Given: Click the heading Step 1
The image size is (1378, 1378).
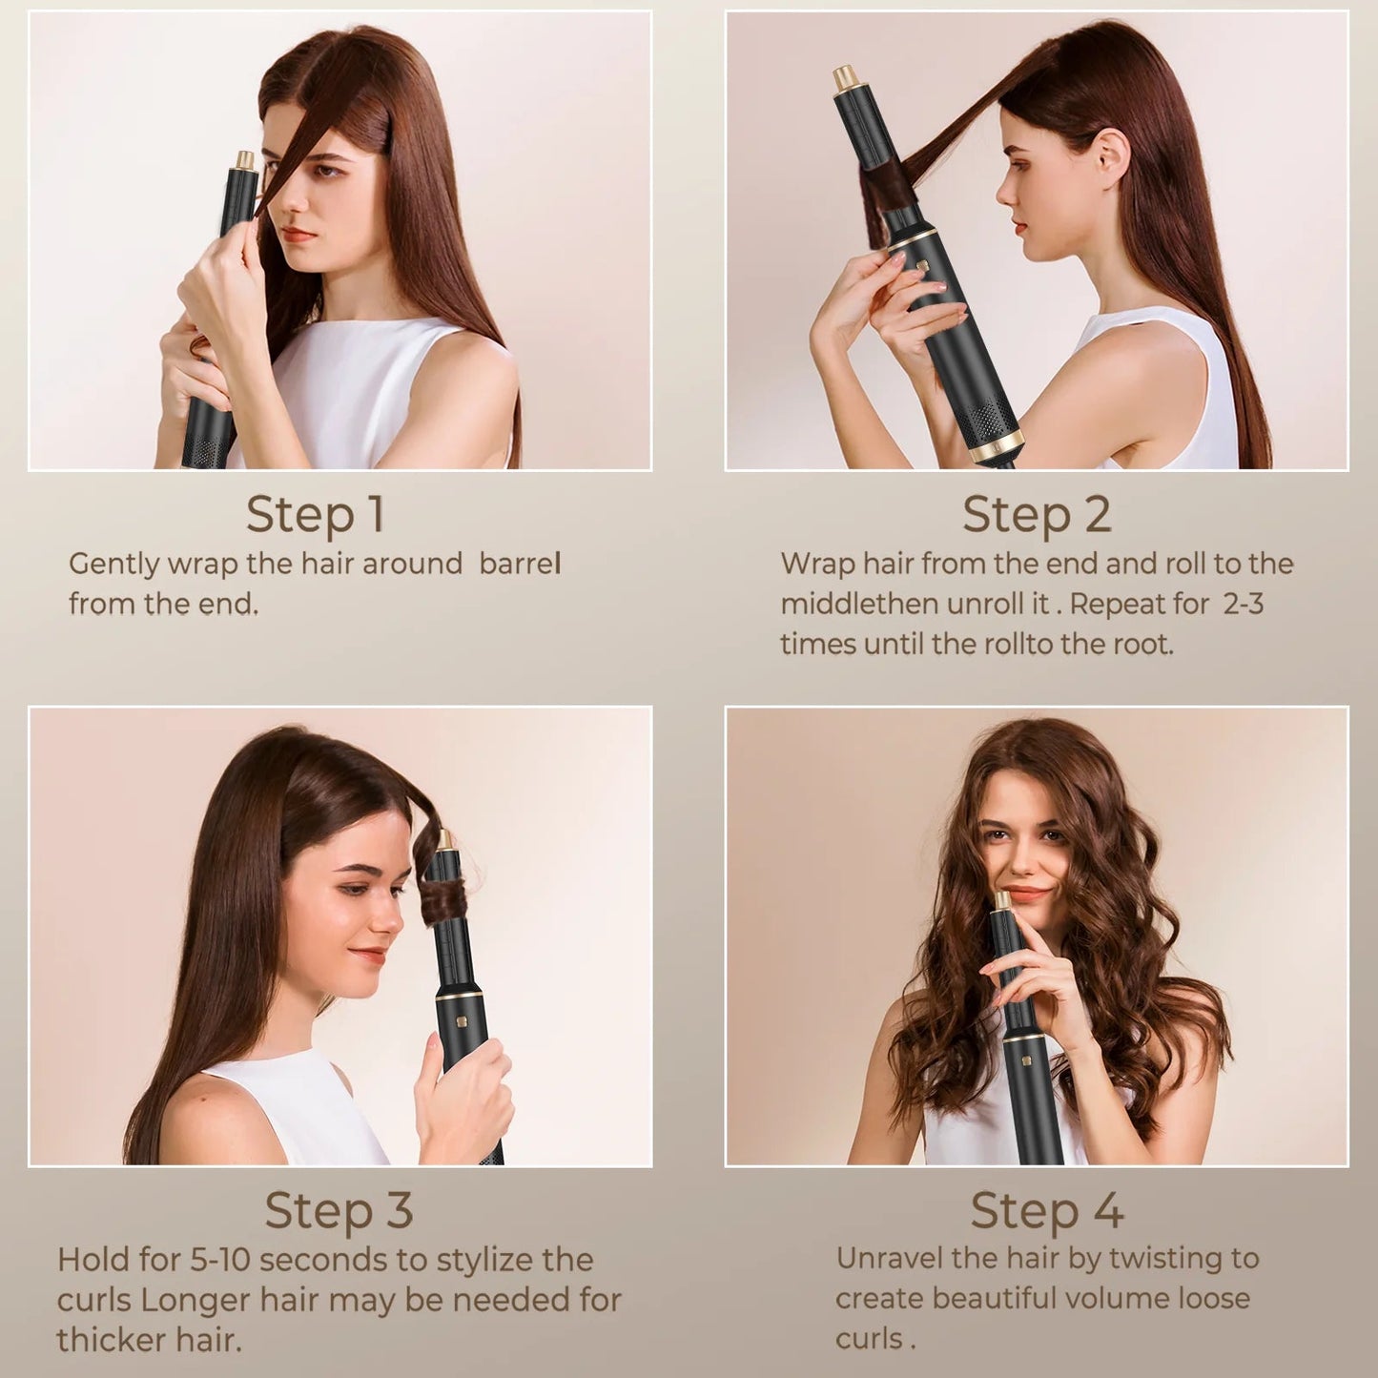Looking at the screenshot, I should coord(316,514).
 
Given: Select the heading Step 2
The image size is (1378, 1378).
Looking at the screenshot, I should coord(1037,514).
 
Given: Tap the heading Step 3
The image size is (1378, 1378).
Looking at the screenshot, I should coord(339,1210).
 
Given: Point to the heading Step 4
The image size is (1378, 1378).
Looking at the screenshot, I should coord(1047,1210).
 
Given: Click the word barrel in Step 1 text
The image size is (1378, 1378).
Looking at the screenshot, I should coord(520,564).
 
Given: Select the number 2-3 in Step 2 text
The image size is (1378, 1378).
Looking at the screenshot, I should coord(1243,604).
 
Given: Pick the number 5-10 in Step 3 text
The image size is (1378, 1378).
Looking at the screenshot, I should coord(219,1260).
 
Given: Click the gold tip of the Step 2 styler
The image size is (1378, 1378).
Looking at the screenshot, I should coord(844,77).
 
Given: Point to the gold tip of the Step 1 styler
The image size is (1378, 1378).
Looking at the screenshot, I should coord(245,159).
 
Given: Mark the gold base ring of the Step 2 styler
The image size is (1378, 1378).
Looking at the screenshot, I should coord(998,446).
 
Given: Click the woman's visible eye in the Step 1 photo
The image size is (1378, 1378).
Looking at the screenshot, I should coord(327,172).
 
